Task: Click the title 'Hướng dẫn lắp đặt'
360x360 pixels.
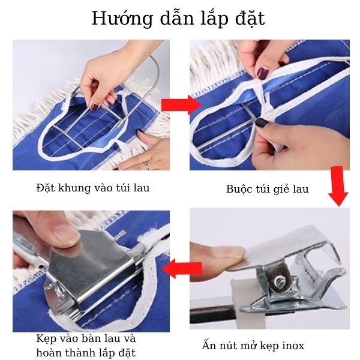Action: click(x=178, y=19)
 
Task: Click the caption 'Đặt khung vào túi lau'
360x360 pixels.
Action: click(x=92, y=188)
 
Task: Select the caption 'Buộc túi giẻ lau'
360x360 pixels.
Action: click(x=268, y=189)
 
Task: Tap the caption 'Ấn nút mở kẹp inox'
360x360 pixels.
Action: click(x=253, y=346)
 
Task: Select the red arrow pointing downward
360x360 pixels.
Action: click(x=338, y=187)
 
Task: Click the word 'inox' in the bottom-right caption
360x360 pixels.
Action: click(x=292, y=346)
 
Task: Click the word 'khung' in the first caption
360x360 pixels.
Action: click(x=73, y=188)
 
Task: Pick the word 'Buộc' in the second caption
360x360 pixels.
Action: click(x=239, y=189)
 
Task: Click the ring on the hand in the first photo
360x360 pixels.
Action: click(x=146, y=164)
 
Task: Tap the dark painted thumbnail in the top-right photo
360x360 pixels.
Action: click(x=263, y=73)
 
